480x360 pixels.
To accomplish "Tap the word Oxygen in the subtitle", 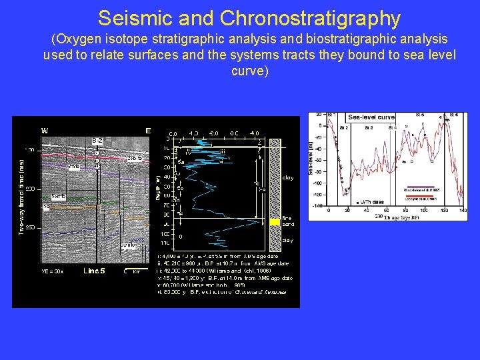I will click(x=79, y=40).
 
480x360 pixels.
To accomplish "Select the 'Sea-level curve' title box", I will click(x=371, y=117).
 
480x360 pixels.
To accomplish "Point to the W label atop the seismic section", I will click(x=45, y=130).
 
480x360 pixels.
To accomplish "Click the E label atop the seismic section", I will click(x=148, y=131).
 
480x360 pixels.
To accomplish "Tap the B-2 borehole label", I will click(x=97, y=140).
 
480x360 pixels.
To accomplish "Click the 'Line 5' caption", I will click(x=94, y=271).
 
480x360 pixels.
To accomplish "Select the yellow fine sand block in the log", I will click(x=274, y=223).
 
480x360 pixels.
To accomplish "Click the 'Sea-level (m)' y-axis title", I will click(x=311, y=157).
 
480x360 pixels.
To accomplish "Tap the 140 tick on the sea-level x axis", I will click(x=463, y=210).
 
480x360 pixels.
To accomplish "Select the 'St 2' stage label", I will click(x=344, y=126).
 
